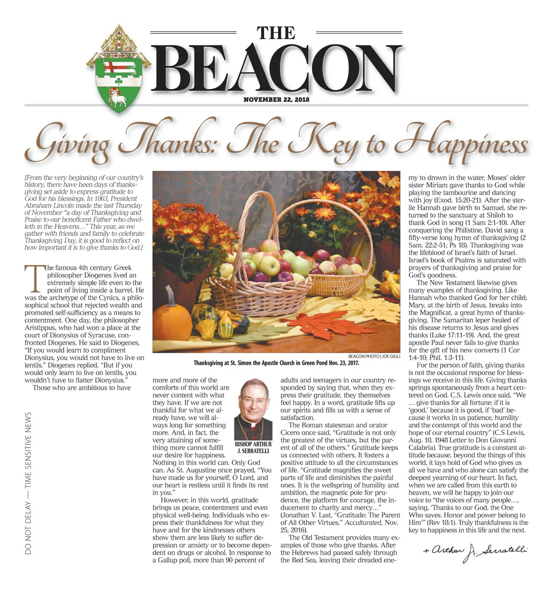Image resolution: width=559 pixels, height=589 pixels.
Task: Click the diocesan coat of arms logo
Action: [118, 69]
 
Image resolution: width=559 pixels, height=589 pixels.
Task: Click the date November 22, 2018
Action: [276, 100]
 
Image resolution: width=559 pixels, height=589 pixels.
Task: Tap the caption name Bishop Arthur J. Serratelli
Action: [253, 448]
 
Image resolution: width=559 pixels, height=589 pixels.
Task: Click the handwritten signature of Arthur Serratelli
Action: [475, 552]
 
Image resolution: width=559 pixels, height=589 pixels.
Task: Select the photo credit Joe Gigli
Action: [391, 356]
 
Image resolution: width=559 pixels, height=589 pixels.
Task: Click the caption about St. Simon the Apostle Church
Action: [276, 363]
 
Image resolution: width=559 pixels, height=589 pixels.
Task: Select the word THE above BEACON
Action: [276, 33]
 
